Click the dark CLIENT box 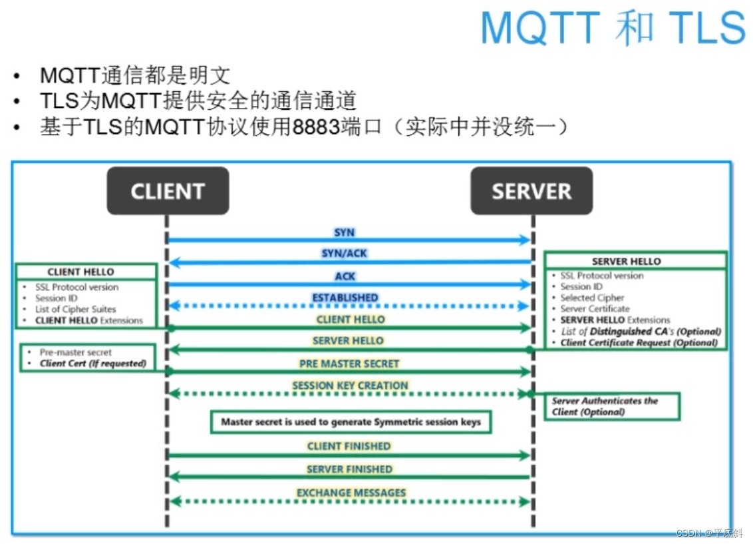tap(168, 191)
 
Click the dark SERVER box tap(531, 191)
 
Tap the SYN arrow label tap(345, 232)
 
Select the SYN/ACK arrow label tap(345, 254)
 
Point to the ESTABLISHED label tap(345, 297)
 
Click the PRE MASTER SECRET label tap(349, 364)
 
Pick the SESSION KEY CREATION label tap(350, 386)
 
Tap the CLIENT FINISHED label tap(349, 446)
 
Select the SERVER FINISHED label tap(349, 469)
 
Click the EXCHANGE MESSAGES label tap(351, 493)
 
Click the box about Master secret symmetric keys tap(351, 422)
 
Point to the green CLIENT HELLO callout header tap(81, 272)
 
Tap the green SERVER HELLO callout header tap(627, 261)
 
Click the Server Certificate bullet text tap(595, 309)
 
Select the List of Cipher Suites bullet tap(76, 309)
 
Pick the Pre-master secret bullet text tap(76, 352)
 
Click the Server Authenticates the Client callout tap(605, 406)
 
